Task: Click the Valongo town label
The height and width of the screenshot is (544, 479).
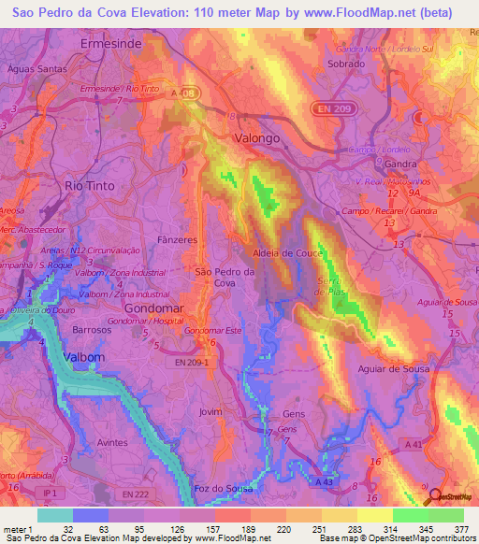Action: (x=256, y=137)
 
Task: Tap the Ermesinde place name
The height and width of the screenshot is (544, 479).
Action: (x=110, y=44)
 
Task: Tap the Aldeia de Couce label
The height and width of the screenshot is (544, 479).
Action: (x=287, y=253)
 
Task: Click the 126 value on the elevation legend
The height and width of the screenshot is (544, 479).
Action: (x=178, y=528)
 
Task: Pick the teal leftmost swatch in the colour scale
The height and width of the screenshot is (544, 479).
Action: (x=55, y=514)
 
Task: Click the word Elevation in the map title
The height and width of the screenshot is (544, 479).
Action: (x=151, y=13)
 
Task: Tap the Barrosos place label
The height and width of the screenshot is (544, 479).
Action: (x=92, y=330)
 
